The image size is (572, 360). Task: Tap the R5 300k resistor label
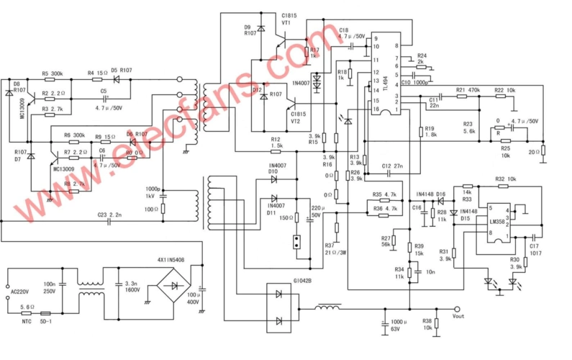click(52, 73)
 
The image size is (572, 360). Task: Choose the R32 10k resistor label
click(506, 179)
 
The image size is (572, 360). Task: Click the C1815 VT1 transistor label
click(289, 19)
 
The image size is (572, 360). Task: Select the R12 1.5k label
click(276, 143)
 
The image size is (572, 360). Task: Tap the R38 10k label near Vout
click(427, 323)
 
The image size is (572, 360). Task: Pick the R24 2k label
click(422, 58)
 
